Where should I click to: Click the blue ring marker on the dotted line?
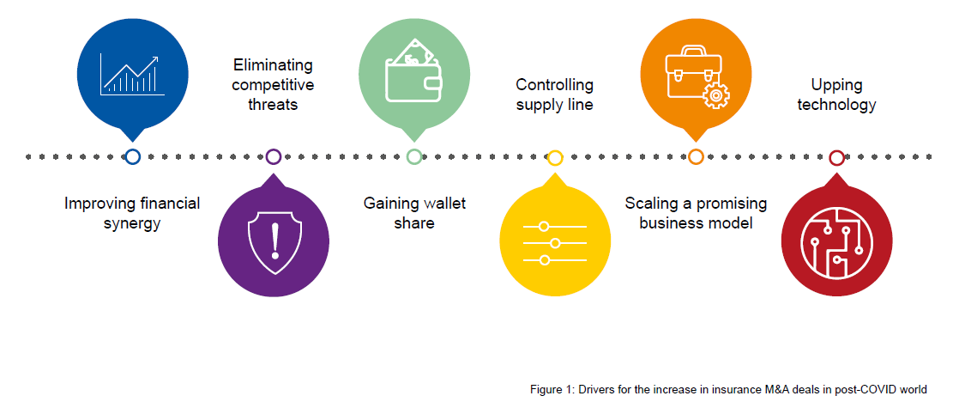[132, 156]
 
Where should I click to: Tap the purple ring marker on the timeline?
[274, 156]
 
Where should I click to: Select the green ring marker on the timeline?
[414, 156]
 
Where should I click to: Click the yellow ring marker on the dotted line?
[555, 156]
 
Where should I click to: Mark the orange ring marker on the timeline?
[696, 156]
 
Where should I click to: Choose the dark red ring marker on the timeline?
[836, 156]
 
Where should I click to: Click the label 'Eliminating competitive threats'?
[273, 85]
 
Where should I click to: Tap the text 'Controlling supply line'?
[554, 94]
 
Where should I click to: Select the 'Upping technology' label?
[836, 94]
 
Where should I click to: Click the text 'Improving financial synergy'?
[132, 213]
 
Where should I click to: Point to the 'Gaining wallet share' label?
[414, 213]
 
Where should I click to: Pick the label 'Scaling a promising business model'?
[696, 213]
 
